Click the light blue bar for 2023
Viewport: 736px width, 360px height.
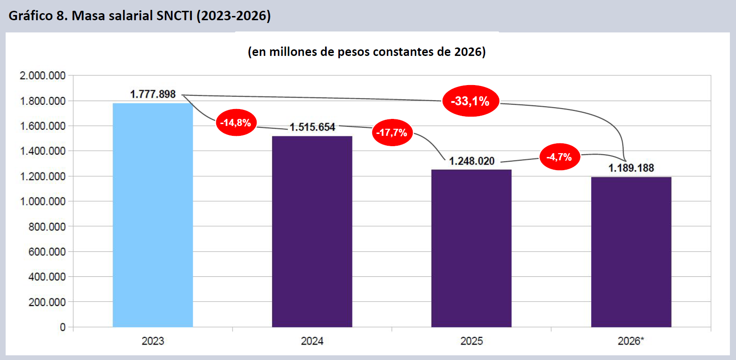(153, 215)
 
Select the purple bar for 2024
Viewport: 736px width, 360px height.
(312, 232)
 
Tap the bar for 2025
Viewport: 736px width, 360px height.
(471, 248)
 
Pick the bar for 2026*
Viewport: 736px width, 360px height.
(631, 252)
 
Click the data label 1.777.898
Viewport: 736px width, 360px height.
(153, 94)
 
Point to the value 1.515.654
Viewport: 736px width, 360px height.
(312, 127)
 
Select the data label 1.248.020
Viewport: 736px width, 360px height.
(471, 161)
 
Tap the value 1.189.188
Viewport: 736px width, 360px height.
(631, 168)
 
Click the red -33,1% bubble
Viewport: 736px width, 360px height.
(470, 101)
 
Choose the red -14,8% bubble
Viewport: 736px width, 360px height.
(236, 123)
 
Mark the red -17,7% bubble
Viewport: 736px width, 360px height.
(392, 133)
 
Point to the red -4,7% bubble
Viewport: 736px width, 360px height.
(560, 157)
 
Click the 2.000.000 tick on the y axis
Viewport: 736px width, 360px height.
(43, 76)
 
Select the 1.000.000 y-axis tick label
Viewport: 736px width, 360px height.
(43, 201)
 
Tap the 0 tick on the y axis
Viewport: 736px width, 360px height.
(63, 327)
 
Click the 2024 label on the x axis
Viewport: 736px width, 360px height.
(312, 341)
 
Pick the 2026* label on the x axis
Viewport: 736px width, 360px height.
(631, 341)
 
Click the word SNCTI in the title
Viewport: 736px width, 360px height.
(174, 16)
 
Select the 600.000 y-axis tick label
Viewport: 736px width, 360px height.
(47, 251)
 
